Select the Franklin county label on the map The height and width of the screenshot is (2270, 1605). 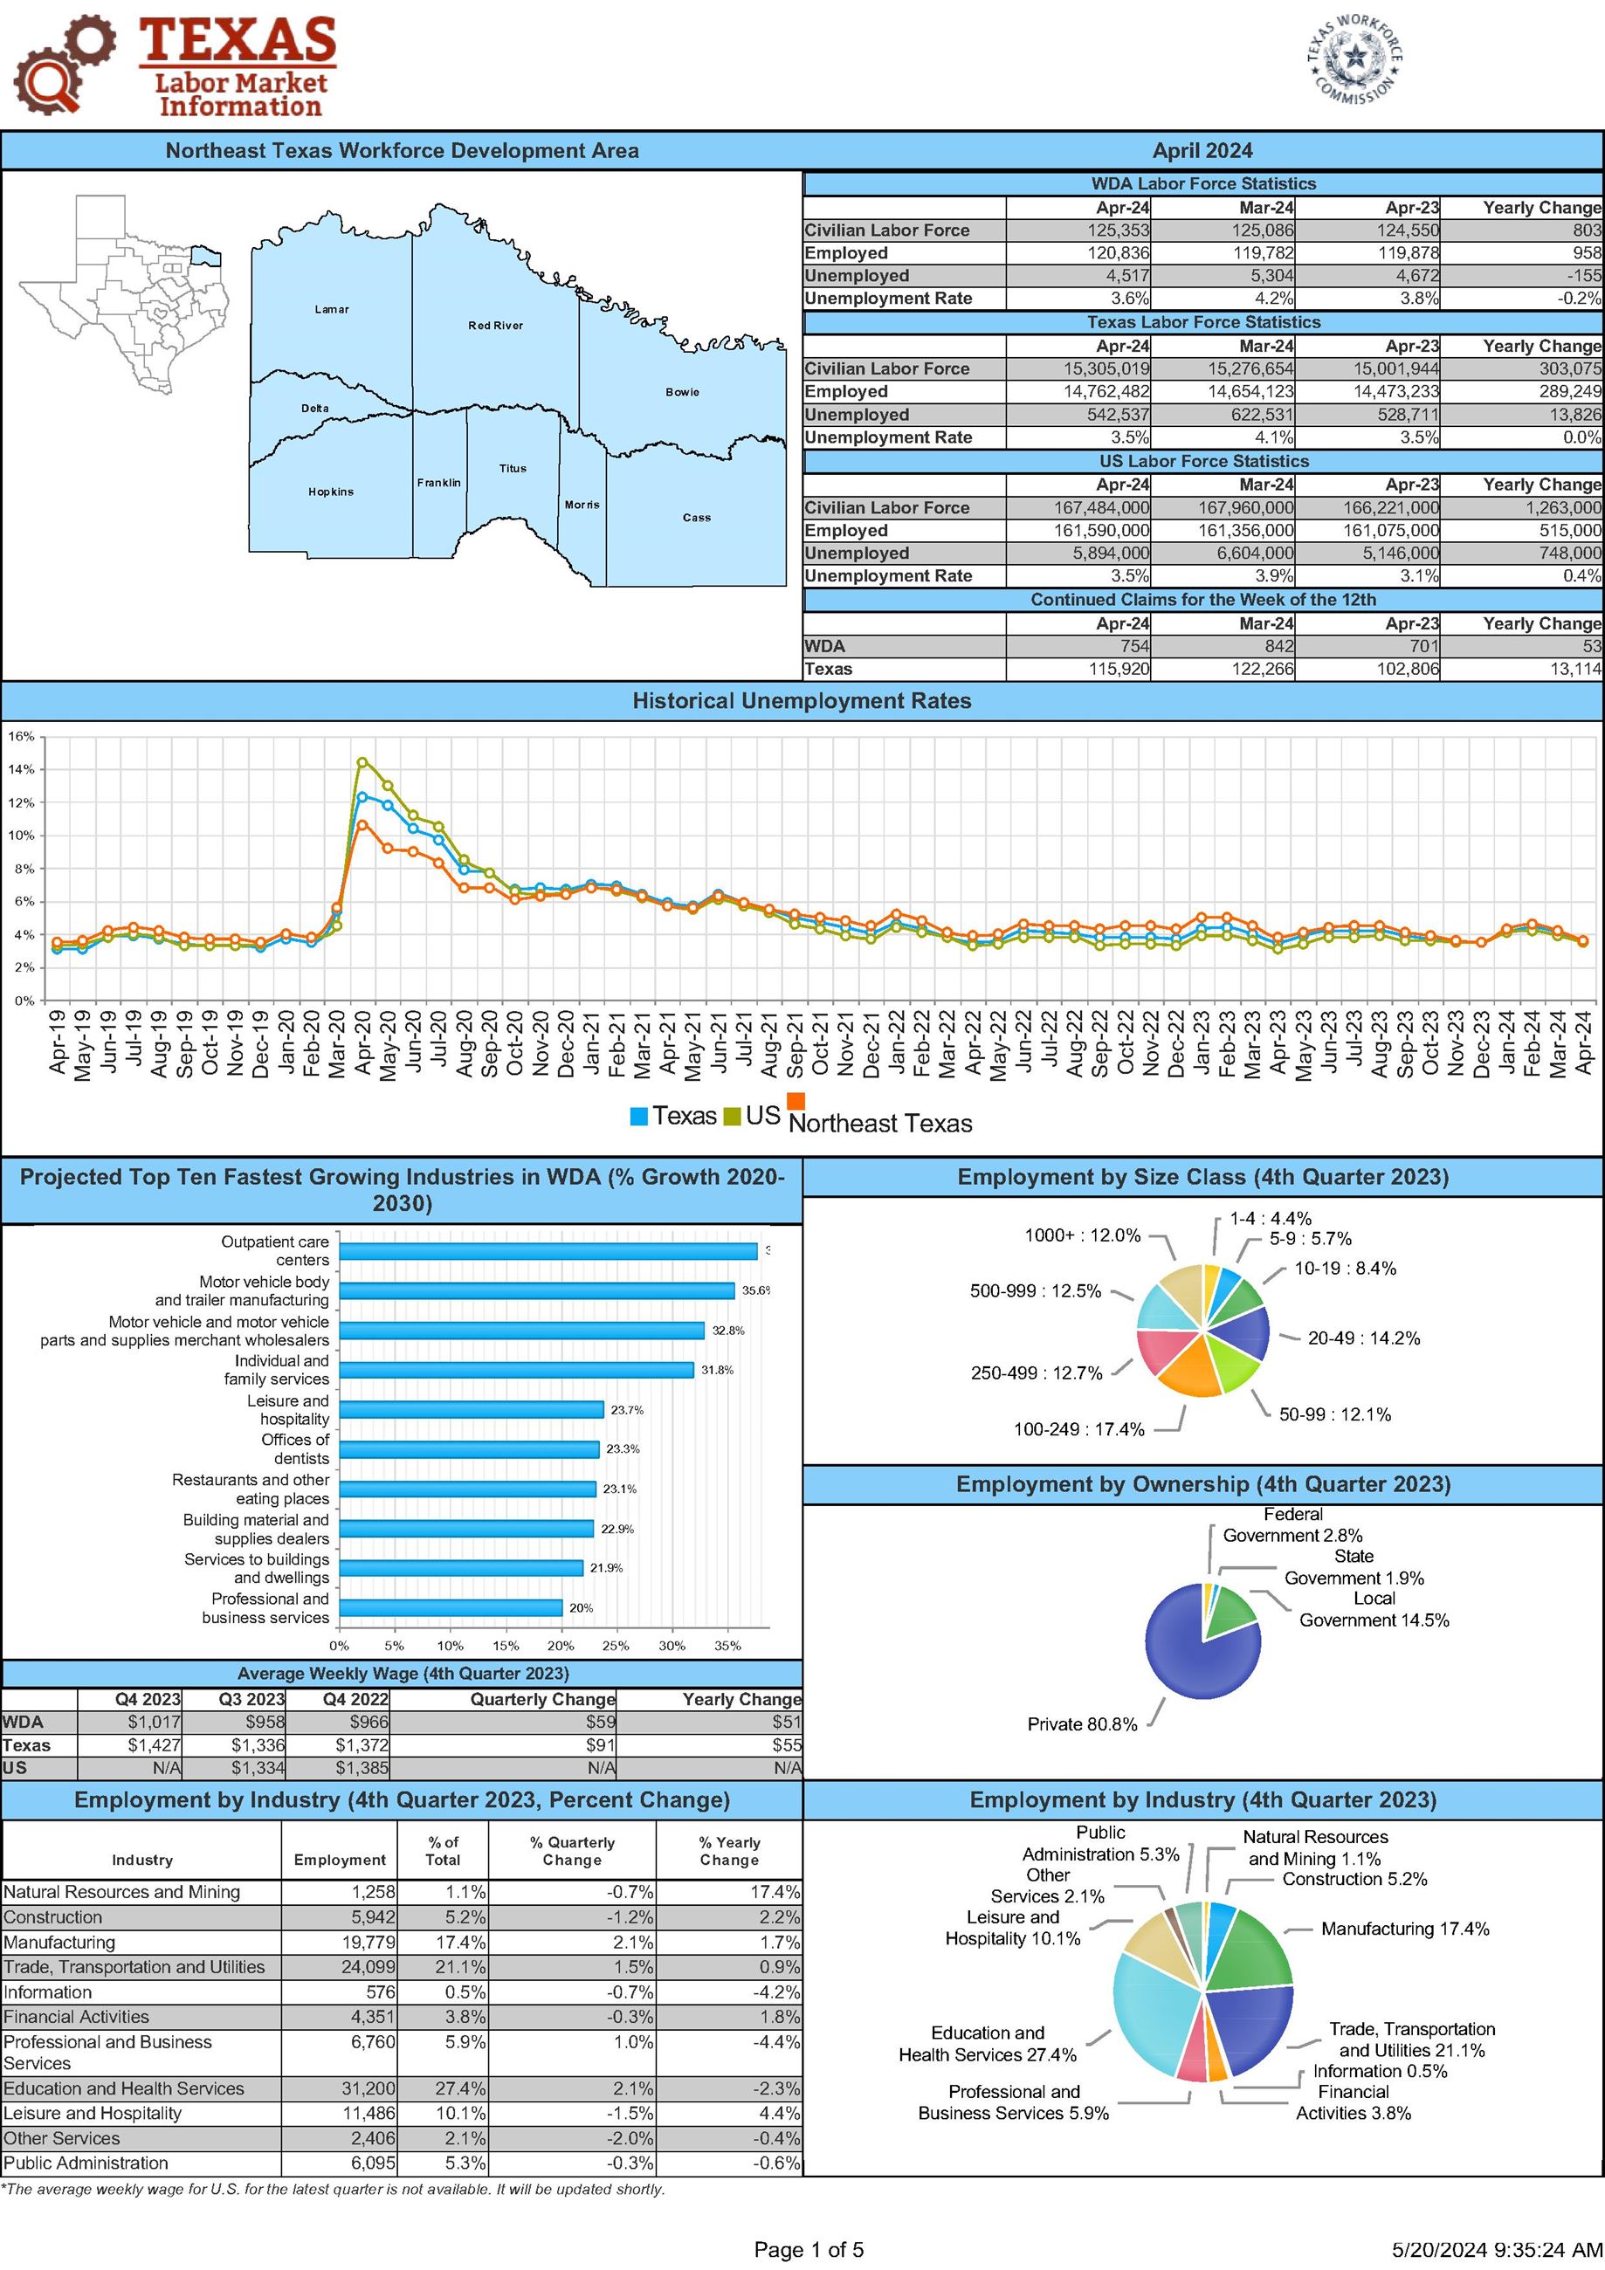(438, 483)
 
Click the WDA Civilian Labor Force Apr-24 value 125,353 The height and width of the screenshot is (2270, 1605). (1119, 230)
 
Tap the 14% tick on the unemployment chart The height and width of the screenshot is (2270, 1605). (22, 769)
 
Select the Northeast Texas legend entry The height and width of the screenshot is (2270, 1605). (879, 1123)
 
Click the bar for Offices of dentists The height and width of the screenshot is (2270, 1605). (469, 1449)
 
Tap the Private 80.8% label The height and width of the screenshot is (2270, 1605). (1082, 1724)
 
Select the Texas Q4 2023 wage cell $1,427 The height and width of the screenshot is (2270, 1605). (154, 1745)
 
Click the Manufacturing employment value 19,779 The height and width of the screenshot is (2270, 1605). (368, 1943)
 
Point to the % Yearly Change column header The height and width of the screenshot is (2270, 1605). (729, 1851)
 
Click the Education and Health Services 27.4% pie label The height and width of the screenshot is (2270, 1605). (987, 2044)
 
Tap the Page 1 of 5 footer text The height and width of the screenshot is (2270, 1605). (808, 2250)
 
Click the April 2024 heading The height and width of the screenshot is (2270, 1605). (1202, 151)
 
